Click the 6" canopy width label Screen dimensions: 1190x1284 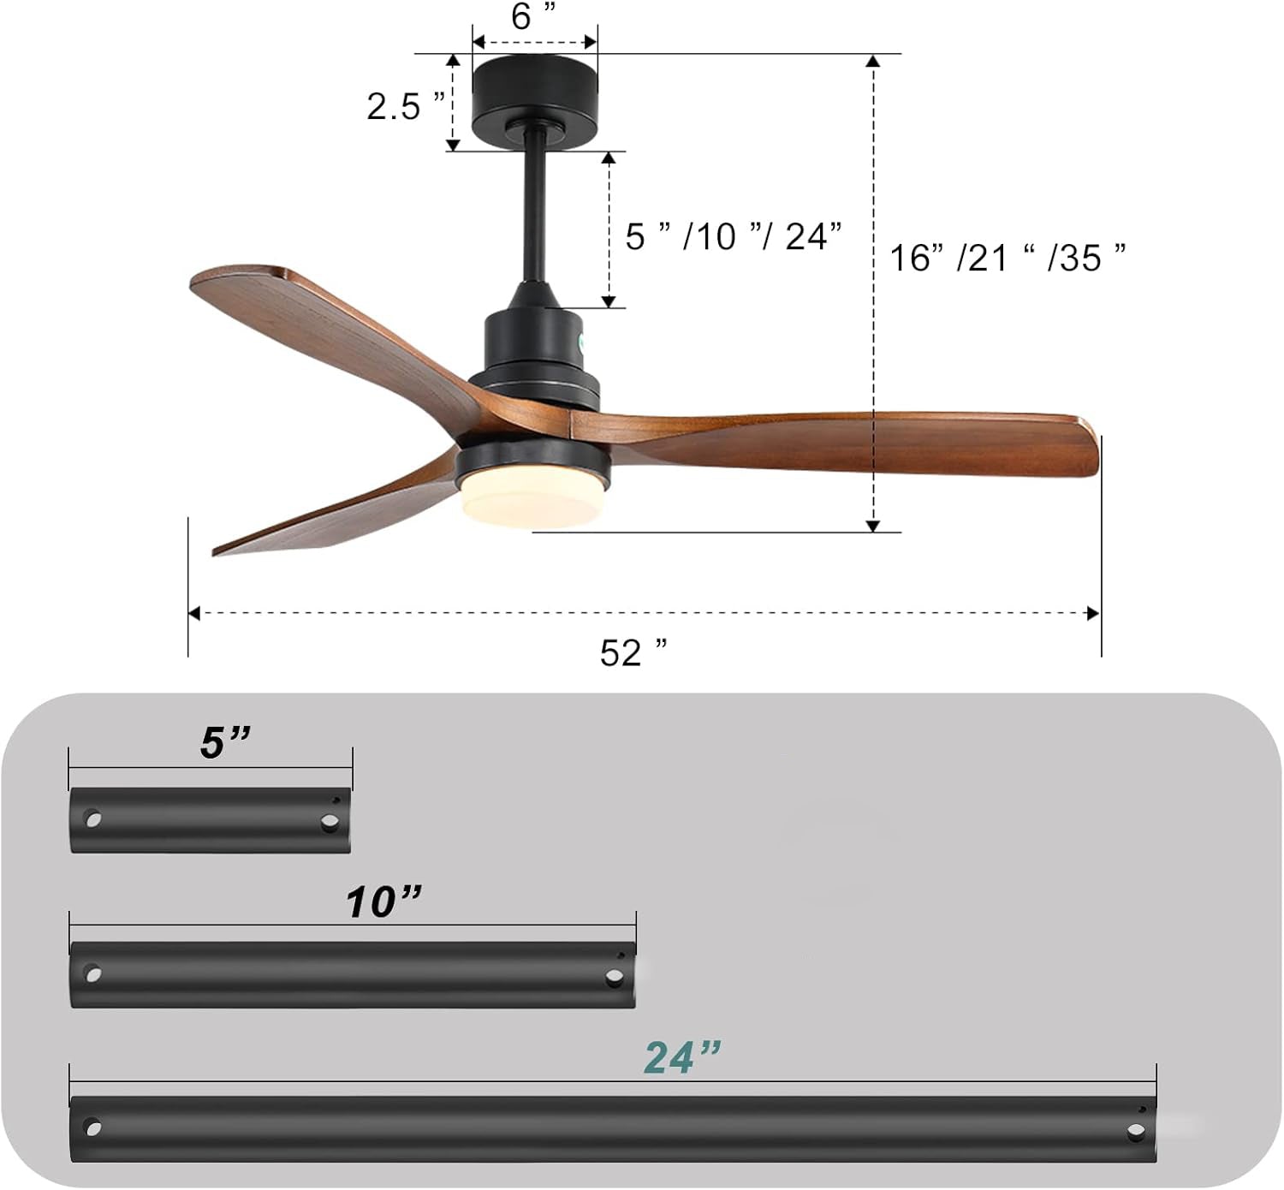point(534,16)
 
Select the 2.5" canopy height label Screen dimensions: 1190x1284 point(405,106)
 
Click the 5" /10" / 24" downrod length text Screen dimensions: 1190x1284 point(734,236)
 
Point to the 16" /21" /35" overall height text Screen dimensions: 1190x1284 point(1008,257)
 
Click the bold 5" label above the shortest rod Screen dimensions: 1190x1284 point(225,742)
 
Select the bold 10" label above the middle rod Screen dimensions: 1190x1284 point(383,901)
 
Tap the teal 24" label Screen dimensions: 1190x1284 point(682,1057)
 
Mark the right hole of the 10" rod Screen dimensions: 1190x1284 point(614,977)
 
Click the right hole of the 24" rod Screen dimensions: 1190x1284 point(1136,1132)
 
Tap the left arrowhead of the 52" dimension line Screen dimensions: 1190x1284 point(194,613)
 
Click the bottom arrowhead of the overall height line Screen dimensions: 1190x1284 point(873,525)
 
